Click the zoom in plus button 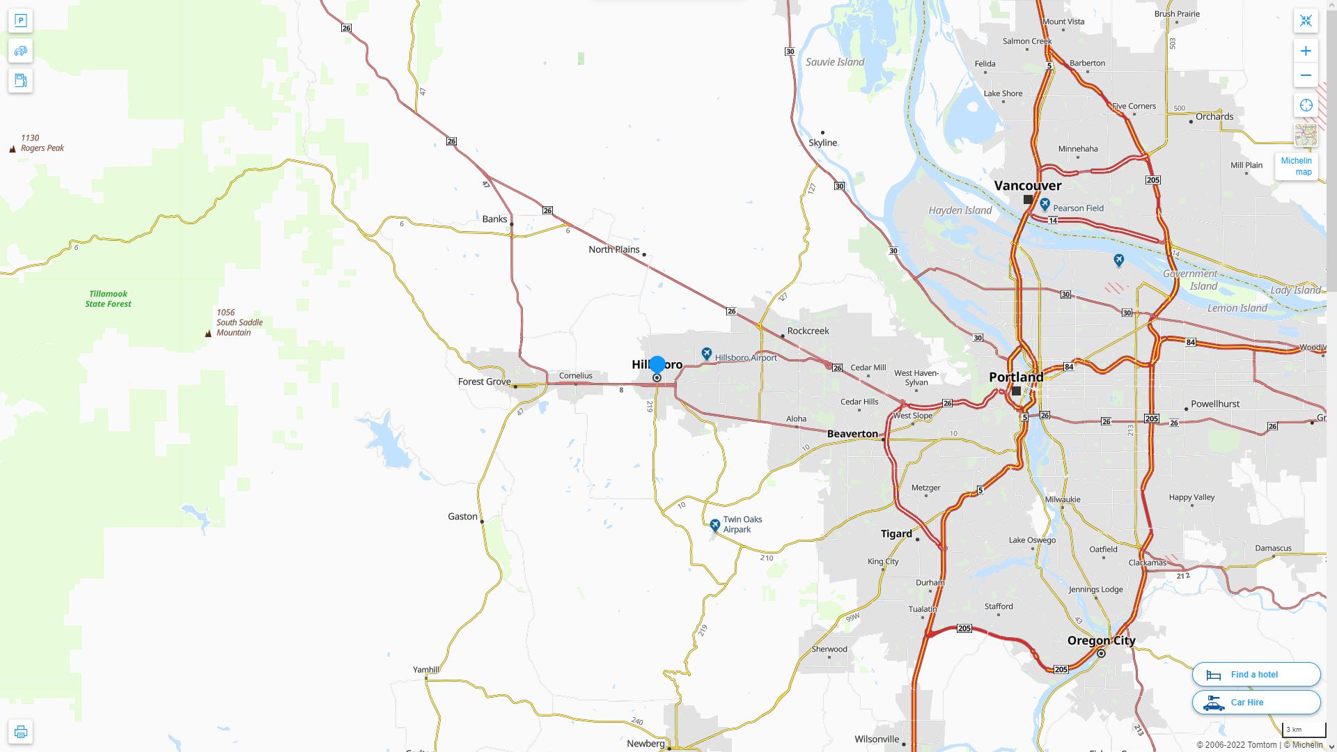point(1306,51)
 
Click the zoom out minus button point(1306,75)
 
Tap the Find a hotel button point(1256,674)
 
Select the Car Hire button point(1256,702)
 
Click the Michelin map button point(1296,166)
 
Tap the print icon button point(20,732)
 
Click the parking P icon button point(20,21)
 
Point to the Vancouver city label point(1027,186)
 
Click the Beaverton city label point(852,434)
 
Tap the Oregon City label point(1101,641)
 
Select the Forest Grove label point(484,382)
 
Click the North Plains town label point(613,249)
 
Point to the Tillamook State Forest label point(108,299)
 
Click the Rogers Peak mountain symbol point(13,149)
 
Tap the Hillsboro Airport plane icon point(707,354)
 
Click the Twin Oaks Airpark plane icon point(714,525)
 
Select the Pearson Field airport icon point(1045,204)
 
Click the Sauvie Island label point(835,62)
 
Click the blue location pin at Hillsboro point(657,364)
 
